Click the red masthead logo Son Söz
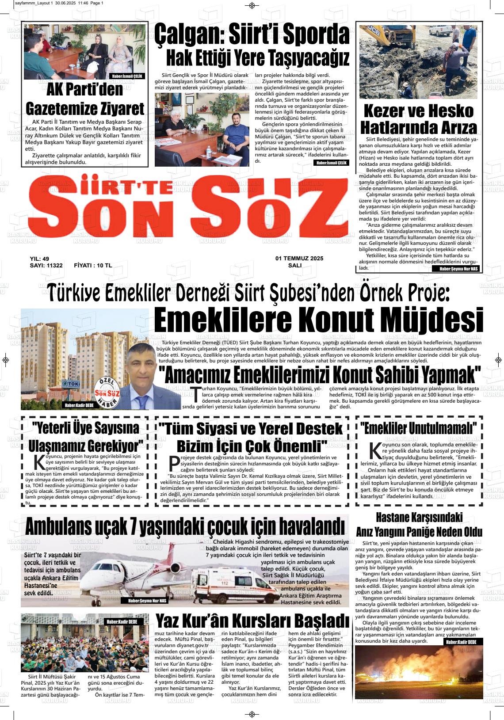click(x=188, y=208)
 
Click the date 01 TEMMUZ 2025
click(x=299, y=258)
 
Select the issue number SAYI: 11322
click(x=46, y=265)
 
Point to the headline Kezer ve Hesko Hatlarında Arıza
click(x=419, y=119)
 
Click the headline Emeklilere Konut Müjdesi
click(x=318, y=320)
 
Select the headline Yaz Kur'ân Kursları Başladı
click(x=252, y=621)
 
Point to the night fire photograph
click(x=418, y=670)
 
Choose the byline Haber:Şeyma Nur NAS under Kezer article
click(x=458, y=269)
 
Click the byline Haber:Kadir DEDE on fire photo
click(x=461, y=642)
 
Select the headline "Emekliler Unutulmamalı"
click(x=418, y=428)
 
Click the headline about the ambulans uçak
click(x=185, y=526)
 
